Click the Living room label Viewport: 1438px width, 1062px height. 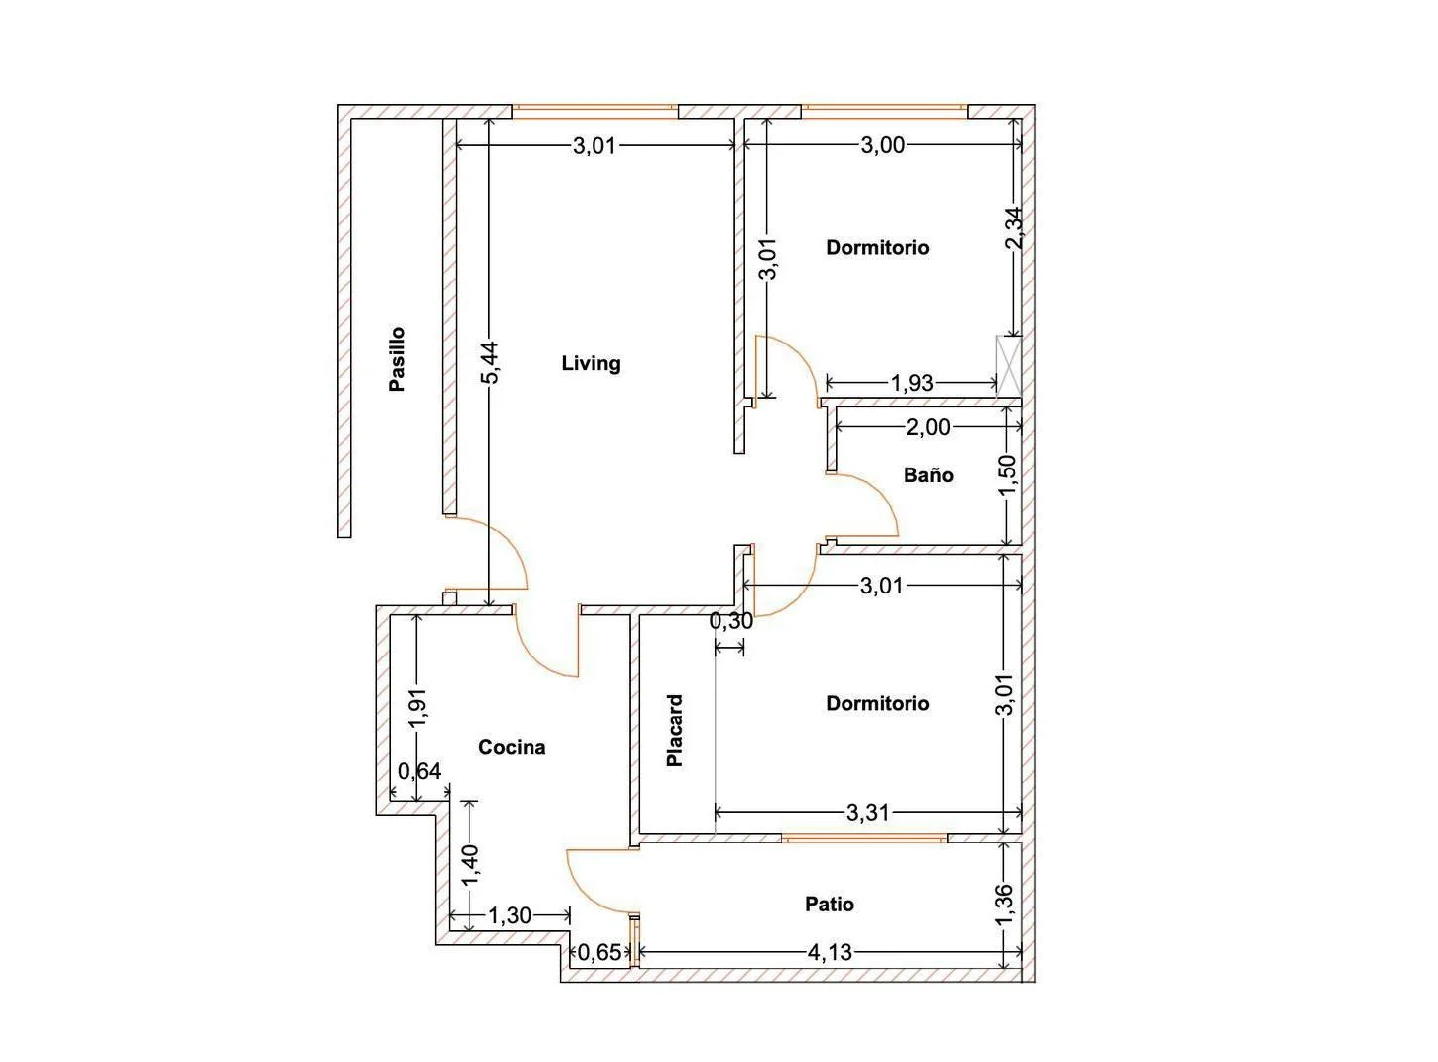click(x=591, y=363)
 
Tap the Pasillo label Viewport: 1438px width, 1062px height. click(x=397, y=359)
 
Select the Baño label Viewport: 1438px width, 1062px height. click(x=928, y=475)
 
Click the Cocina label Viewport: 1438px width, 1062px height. click(x=512, y=747)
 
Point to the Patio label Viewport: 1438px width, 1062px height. click(x=830, y=904)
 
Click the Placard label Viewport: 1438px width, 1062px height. click(x=675, y=730)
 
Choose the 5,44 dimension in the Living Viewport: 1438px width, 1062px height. click(x=490, y=362)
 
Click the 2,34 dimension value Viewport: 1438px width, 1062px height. click(x=1014, y=227)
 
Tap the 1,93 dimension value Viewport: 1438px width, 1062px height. click(x=911, y=383)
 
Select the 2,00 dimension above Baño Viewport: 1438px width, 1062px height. click(x=928, y=427)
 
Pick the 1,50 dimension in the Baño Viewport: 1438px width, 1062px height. click(x=1006, y=477)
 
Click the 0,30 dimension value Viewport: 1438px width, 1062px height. click(x=731, y=621)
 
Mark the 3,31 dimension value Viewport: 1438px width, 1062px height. click(x=867, y=813)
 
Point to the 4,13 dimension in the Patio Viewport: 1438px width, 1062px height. click(x=830, y=953)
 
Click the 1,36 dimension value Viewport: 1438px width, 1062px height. click(x=1004, y=906)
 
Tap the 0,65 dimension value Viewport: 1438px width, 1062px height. click(x=599, y=953)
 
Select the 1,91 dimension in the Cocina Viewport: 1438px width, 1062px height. click(x=418, y=708)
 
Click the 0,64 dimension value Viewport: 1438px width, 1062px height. click(x=419, y=771)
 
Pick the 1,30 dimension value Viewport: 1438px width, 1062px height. click(x=510, y=916)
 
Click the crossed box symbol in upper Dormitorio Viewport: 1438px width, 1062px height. click(x=1009, y=366)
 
